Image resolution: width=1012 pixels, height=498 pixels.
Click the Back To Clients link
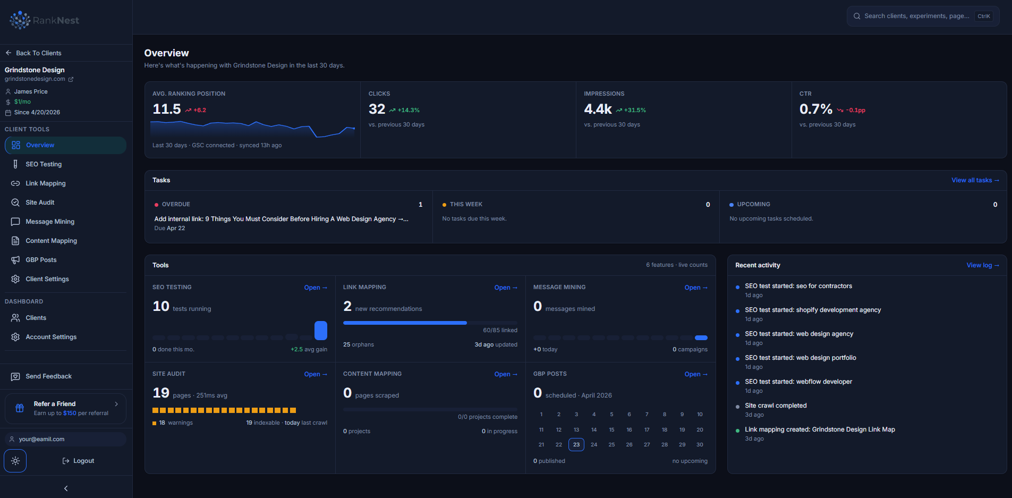click(x=33, y=53)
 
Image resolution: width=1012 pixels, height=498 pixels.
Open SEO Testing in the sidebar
click(x=44, y=164)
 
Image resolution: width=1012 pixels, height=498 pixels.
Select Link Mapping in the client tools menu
click(x=46, y=183)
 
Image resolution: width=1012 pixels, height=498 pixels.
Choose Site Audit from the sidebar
click(x=40, y=202)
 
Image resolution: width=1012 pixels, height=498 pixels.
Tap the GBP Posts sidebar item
click(x=41, y=260)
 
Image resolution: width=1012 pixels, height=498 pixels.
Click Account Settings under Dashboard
click(x=51, y=337)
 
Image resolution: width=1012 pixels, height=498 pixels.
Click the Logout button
click(x=78, y=461)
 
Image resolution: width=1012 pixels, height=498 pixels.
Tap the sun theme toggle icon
click(x=15, y=461)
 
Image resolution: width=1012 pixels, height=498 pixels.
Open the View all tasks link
click(x=975, y=180)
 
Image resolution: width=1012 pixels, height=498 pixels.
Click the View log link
click(x=982, y=265)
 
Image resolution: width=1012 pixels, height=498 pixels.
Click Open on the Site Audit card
click(x=316, y=374)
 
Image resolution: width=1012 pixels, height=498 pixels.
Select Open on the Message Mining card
click(x=696, y=288)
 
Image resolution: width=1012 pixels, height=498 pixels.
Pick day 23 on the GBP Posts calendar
click(x=576, y=444)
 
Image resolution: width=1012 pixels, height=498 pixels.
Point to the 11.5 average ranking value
click(x=167, y=109)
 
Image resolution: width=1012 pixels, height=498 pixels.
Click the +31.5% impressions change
click(x=635, y=110)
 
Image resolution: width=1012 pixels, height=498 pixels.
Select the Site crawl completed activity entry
click(x=776, y=406)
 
